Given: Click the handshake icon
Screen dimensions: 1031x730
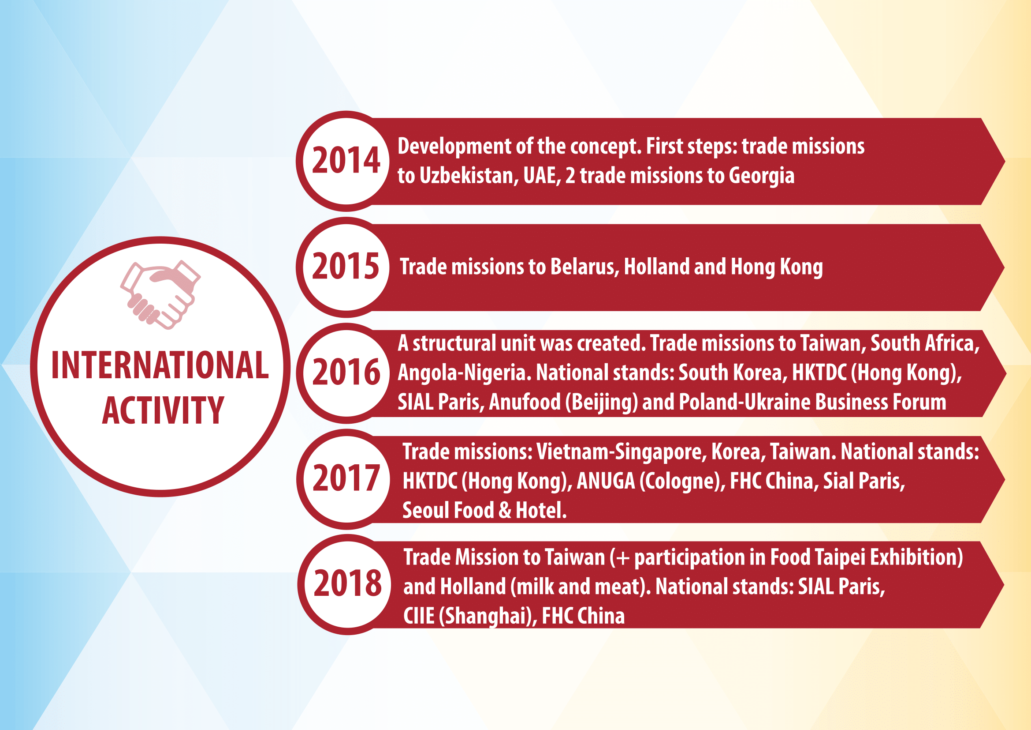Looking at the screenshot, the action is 160,294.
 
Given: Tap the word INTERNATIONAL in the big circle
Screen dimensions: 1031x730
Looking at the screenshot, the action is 160,365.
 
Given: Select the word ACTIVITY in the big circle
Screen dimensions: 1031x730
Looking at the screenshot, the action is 163,410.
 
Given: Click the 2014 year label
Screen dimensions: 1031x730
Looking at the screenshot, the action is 346,161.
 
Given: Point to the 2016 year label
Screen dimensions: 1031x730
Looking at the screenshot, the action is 346,372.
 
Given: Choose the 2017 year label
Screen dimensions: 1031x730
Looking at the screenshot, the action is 346,478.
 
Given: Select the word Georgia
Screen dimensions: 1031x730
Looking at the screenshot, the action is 762,176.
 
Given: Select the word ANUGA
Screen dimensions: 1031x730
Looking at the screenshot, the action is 606,481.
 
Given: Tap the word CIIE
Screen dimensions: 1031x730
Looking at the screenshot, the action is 419,616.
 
